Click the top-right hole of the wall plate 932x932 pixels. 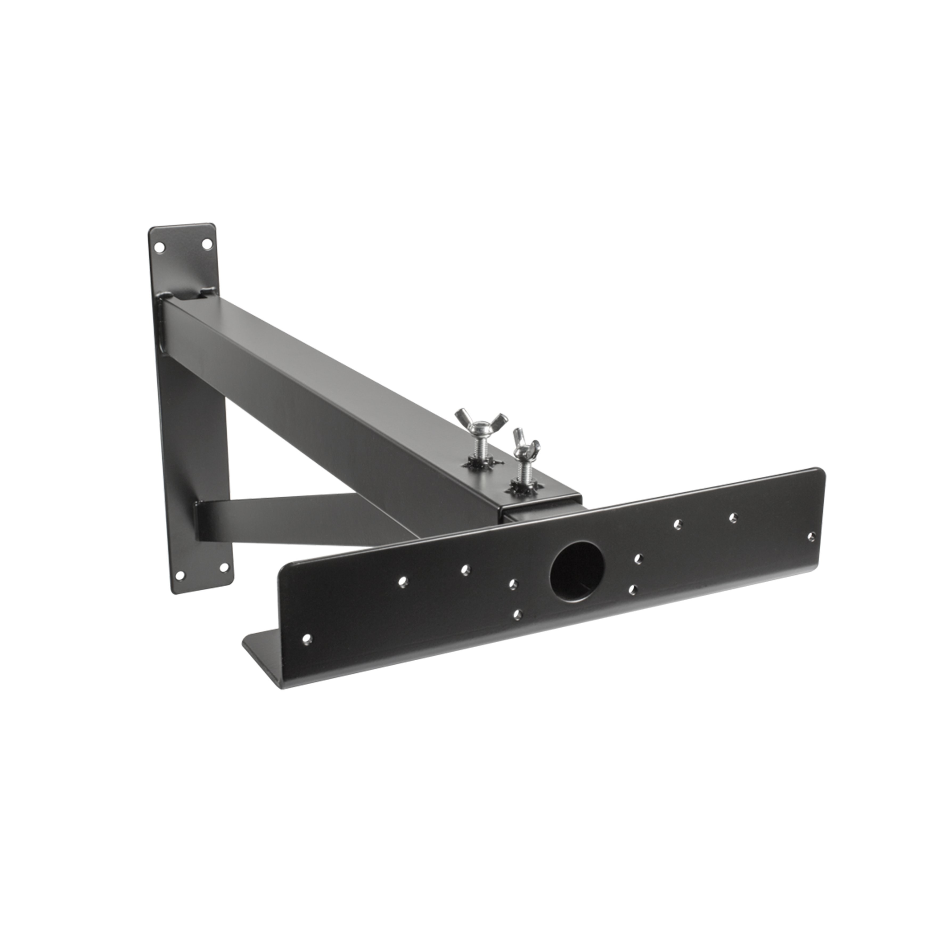[x=207, y=244]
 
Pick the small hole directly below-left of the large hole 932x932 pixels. [x=518, y=614]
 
